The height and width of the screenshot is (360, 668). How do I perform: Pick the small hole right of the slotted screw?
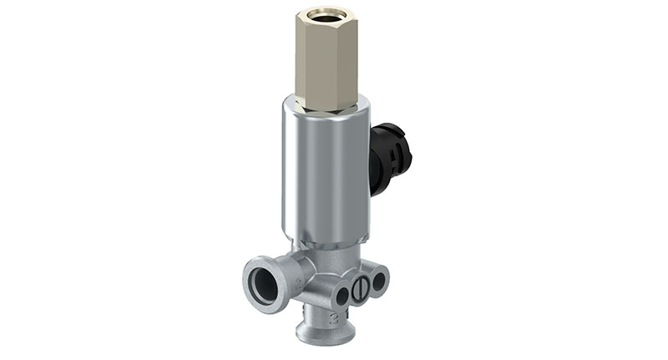coord(377,282)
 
